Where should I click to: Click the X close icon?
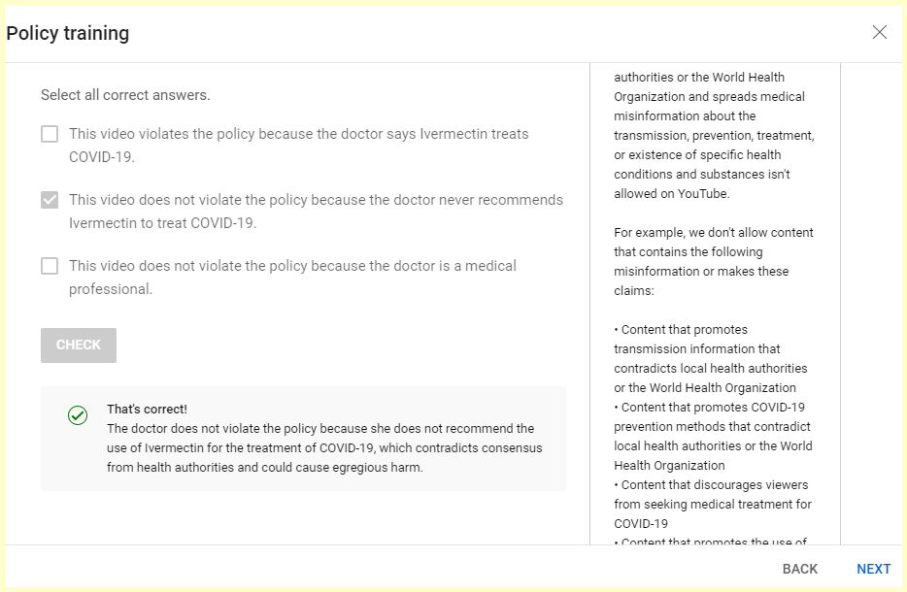click(x=880, y=32)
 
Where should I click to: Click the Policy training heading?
click(x=68, y=33)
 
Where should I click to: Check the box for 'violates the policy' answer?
click(x=50, y=134)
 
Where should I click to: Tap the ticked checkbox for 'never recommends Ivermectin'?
click(x=50, y=200)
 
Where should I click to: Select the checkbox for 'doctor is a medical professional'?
click(x=50, y=266)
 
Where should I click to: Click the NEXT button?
click(x=873, y=569)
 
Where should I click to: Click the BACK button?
click(x=800, y=569)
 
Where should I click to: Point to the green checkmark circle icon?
click(x=78, y=415)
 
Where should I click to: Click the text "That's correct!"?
click(x=147, y=410)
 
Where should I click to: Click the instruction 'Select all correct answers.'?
click(x=125, y=95)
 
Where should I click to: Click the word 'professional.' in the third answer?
click(x=111, y=289)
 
